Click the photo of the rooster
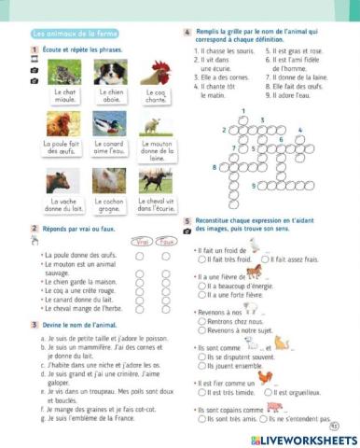pyautogui.click(x=154, y=72)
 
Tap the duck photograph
pyautogui.click(x=109, y=123)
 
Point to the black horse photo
pyautogui.click(x=154, y=180)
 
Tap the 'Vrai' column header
pyautogui.click(x=140, y=240)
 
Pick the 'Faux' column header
pyautogui.click(x=168, y=240)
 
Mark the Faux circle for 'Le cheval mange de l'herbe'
pyautogui.click(x=167, y=308)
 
